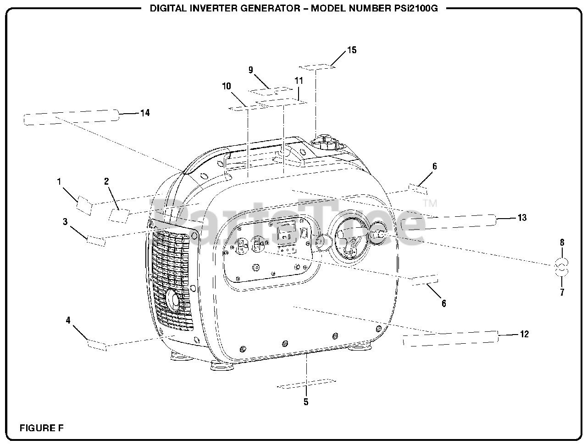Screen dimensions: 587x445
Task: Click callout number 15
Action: pos(352,50)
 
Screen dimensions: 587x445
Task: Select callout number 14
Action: pos(144,113)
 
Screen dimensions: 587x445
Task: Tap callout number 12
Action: pos(524,334)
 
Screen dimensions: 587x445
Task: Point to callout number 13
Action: pos(522,218)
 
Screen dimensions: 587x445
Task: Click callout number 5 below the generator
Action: pos(306,402)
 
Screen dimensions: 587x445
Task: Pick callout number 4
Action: pos(68,320)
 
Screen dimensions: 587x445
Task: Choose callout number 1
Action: pos(59,181)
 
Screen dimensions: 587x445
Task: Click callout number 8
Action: pos(562,242)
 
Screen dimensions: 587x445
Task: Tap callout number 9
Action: pos(251,70)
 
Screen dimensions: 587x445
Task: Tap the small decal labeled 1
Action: pos(84,205)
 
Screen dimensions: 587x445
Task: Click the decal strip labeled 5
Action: pos(306,384)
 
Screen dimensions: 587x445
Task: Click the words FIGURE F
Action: pos(42,429)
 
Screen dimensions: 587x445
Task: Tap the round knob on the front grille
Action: pos(173,300)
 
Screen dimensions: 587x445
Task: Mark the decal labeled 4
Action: pos(97,345)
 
